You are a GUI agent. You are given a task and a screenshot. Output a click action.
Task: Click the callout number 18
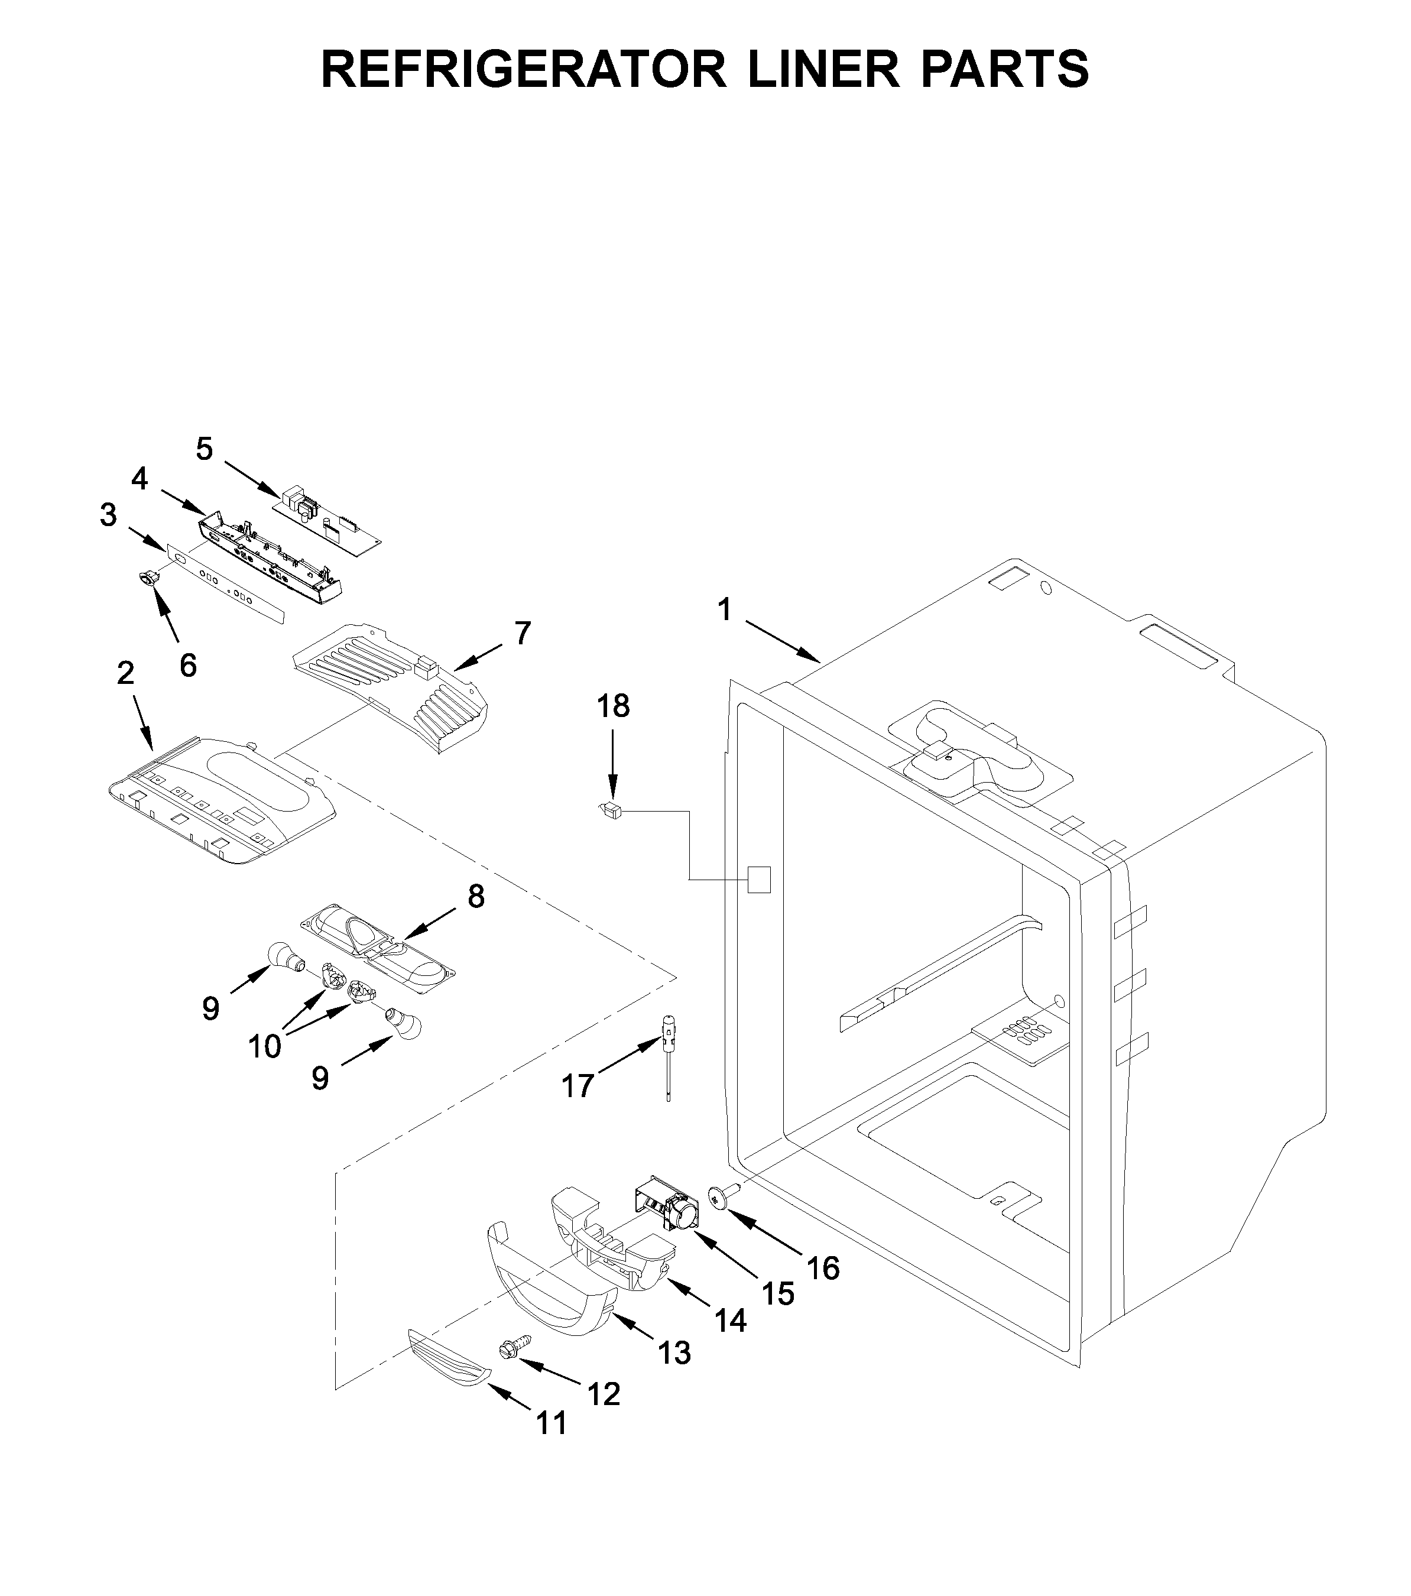pyautogui.click(x=613, y=706)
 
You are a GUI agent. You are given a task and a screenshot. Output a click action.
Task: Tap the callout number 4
pyautogui.click(x=139, y=479)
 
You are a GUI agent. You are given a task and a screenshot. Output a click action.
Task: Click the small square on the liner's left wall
pyautogui.click(x=760, y=879)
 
